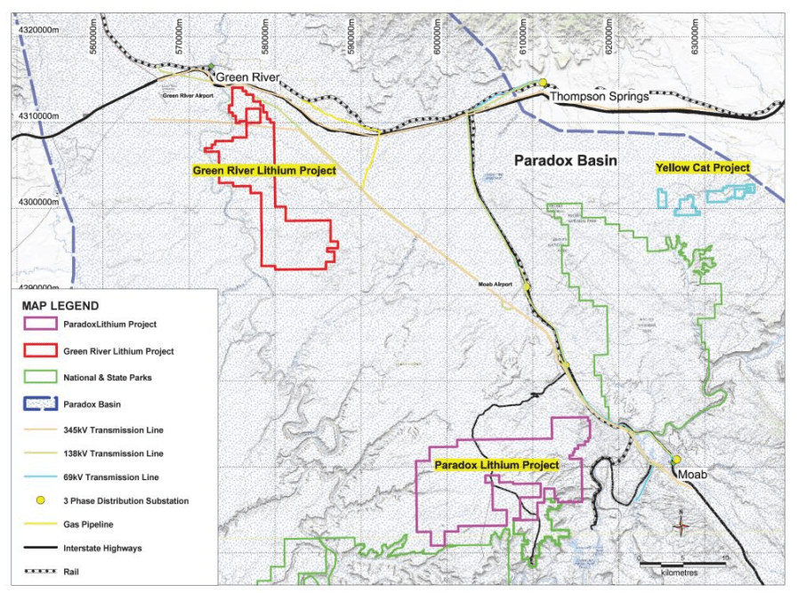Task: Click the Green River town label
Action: pos(247,77)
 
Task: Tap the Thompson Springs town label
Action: pos(599,96)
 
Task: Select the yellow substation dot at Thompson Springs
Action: pos(543,83)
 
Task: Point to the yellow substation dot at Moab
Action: pos(676,460)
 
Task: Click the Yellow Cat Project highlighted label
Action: pos(702,167)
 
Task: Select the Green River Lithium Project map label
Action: pos(264,170)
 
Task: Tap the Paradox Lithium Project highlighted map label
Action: pos(496,465)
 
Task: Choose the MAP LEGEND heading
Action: pos(61,306)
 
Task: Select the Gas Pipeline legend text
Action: pos(88,525)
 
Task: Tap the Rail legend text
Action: pos(72,572)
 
